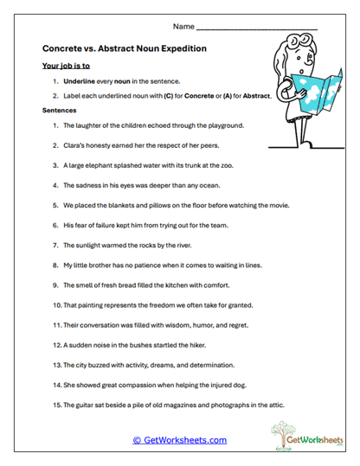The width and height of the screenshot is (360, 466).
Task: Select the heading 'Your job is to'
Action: tap(66, 66)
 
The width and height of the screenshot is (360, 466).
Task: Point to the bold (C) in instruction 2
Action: tap(179, 96)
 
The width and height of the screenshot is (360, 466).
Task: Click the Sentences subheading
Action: tap(60, 112)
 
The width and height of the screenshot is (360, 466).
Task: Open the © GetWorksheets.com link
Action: tap(180, 440)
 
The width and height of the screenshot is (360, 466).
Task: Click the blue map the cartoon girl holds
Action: tap(312, 95)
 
